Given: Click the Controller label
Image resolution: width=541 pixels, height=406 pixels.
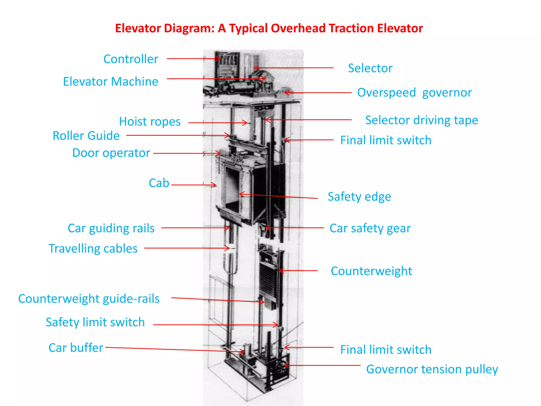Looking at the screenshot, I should (131, 59).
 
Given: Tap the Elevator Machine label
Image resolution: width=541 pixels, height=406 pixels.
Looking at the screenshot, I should (110, 81).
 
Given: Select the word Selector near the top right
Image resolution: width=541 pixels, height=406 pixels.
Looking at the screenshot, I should (370, 68).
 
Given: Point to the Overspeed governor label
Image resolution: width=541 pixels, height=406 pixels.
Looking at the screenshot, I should (414, 93).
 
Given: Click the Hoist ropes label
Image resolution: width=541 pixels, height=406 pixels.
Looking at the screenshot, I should (150, 122).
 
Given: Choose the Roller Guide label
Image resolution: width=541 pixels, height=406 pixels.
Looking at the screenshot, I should (86, 136).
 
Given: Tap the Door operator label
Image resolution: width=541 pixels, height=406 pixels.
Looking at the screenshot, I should (111, 153).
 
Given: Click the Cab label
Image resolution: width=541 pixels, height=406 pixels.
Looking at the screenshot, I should (159, 183).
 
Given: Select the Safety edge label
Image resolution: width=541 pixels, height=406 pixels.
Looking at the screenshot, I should (359, 197).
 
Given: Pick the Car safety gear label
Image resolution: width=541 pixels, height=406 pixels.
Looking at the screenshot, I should (370, 228).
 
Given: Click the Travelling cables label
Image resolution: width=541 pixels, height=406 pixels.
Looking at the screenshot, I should (93, 248).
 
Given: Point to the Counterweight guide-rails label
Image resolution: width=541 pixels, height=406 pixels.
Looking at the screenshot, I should (89, 299).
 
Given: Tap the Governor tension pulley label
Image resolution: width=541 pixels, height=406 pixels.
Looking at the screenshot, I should (432, 369).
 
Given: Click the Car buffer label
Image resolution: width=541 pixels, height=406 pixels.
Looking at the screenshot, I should (76, 348).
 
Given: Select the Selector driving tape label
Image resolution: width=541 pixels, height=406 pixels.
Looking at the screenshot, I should (422, 120).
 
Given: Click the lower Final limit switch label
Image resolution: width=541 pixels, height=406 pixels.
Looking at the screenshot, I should (386, 350).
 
